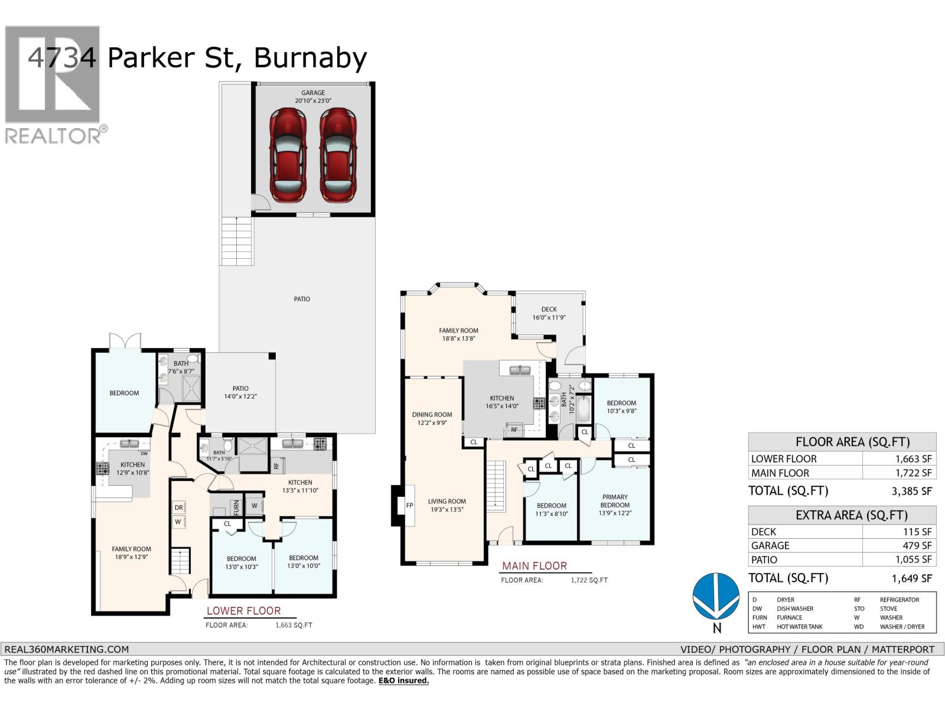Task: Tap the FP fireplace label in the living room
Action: tap(409, 506)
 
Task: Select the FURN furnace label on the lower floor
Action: tap(236, 507)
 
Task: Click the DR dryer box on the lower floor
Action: tap(178, 508)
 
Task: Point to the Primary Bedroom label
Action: tap(615, 501)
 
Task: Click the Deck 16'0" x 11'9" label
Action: tap(549, 313)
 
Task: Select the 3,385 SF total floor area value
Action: tap(911, 491)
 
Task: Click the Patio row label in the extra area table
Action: tap(764, 560)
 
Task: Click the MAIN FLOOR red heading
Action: tap(534, 566)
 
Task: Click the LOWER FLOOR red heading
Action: tap(243, 611)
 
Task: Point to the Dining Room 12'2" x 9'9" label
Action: tap(432, 418)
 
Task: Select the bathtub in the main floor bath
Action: tap(584, 408)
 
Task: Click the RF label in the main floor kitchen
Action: tap(514, 430)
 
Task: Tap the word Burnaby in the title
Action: tap(311, 58)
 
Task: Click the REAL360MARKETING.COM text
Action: tap(66, 649)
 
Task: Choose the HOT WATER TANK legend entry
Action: tap(799, 627)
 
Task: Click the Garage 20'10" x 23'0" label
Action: tap(313, 96)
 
